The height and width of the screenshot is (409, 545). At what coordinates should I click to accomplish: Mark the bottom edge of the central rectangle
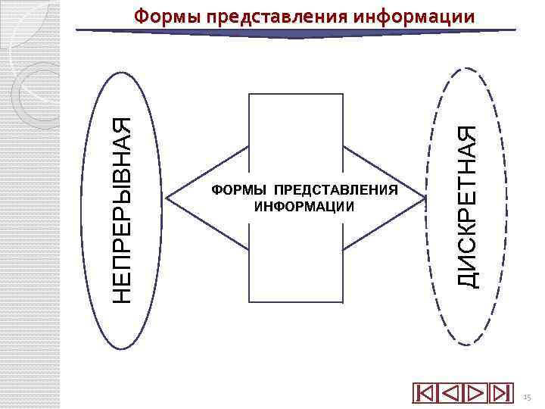tap(296, 301)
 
